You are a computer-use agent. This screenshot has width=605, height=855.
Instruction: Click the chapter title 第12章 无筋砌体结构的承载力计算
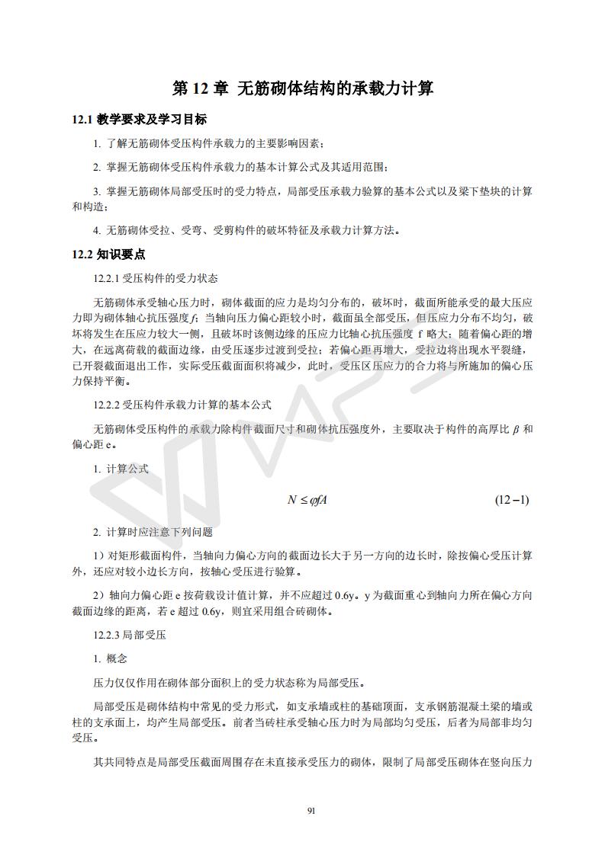tap(303, 89)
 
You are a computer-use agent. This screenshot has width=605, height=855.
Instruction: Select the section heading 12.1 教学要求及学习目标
tap(139, 120)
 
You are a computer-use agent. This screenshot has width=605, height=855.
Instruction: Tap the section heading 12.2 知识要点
tap(108, 255)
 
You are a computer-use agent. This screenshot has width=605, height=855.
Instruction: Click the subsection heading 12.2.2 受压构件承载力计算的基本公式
tap(182, 405)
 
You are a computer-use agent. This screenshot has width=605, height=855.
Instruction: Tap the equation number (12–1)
tap(512, 500)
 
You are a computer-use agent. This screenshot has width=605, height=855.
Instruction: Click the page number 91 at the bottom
tap(311, 809)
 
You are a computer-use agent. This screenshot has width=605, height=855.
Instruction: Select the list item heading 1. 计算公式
tap(121, 469)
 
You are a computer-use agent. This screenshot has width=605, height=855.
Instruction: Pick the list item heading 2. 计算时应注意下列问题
tap(153, 532)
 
